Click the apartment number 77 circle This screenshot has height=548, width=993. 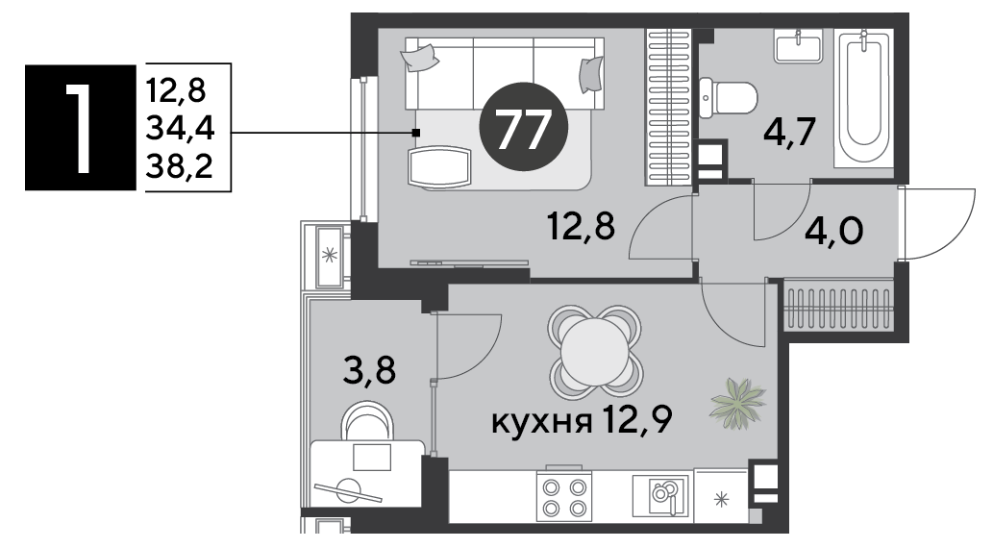(524, 127)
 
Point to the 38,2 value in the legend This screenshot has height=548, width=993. (180, 166)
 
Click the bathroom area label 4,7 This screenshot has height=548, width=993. (788, 134)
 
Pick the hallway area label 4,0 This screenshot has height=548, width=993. (833, 232)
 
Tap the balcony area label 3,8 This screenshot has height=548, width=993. (369, 370)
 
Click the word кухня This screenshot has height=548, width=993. (541, 421)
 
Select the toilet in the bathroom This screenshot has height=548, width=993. (729, 98)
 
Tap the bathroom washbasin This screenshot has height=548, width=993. (798, 47)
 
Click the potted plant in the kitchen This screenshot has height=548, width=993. (738, 403)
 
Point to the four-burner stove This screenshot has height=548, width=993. (563, 497)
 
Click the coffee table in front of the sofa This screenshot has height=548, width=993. (440, 167)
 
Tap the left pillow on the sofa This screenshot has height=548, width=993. (419, 57)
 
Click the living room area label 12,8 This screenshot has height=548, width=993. (582, 226)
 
